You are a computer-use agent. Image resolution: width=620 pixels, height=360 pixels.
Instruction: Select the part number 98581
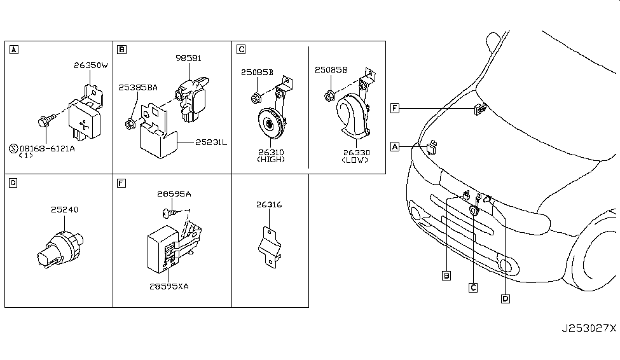click(x=188, y=58)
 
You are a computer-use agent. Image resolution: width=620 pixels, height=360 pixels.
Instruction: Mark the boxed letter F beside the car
click(x=395, y=109)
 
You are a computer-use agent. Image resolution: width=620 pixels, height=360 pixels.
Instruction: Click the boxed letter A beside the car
click(x=395, y=147)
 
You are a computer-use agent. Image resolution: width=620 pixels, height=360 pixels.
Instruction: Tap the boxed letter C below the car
click(x=473, y=287)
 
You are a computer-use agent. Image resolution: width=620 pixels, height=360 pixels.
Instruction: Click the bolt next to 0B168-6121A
click(x=46, y=120)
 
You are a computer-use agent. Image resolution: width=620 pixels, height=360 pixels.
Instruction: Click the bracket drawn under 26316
click(x=270, y=246)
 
